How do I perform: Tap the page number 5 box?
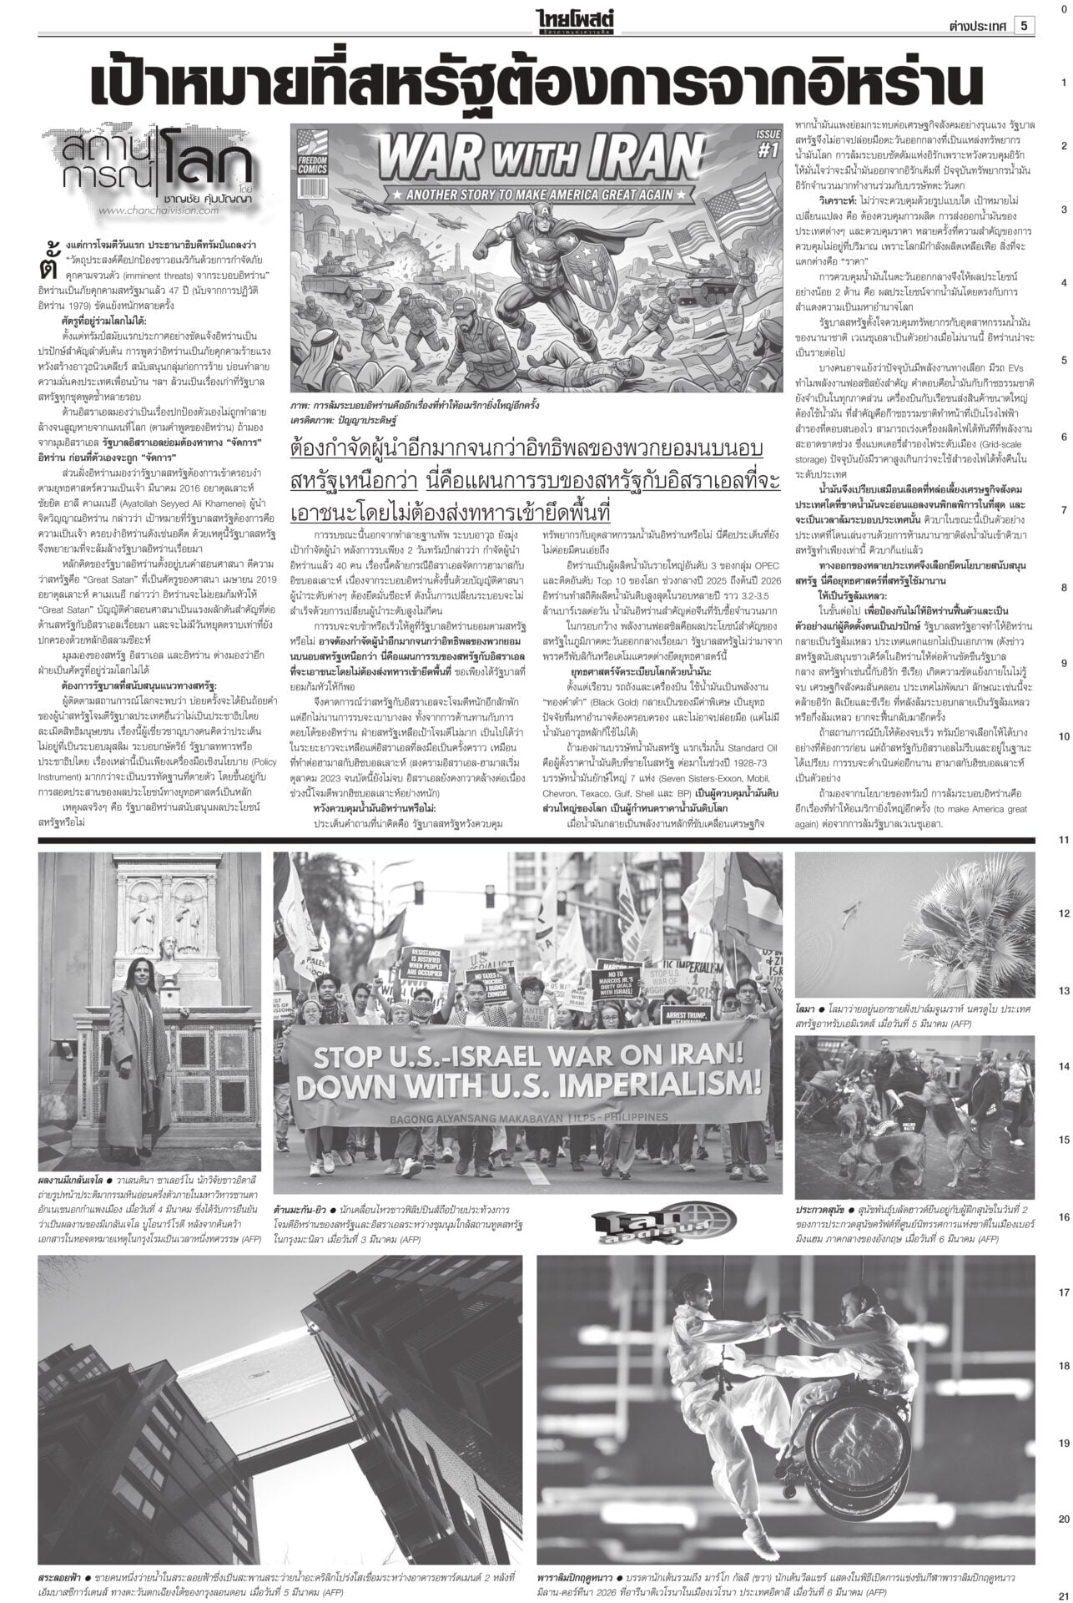[1023, 26]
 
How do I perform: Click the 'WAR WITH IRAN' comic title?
[537, 158]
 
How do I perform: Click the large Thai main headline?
[534, 84]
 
